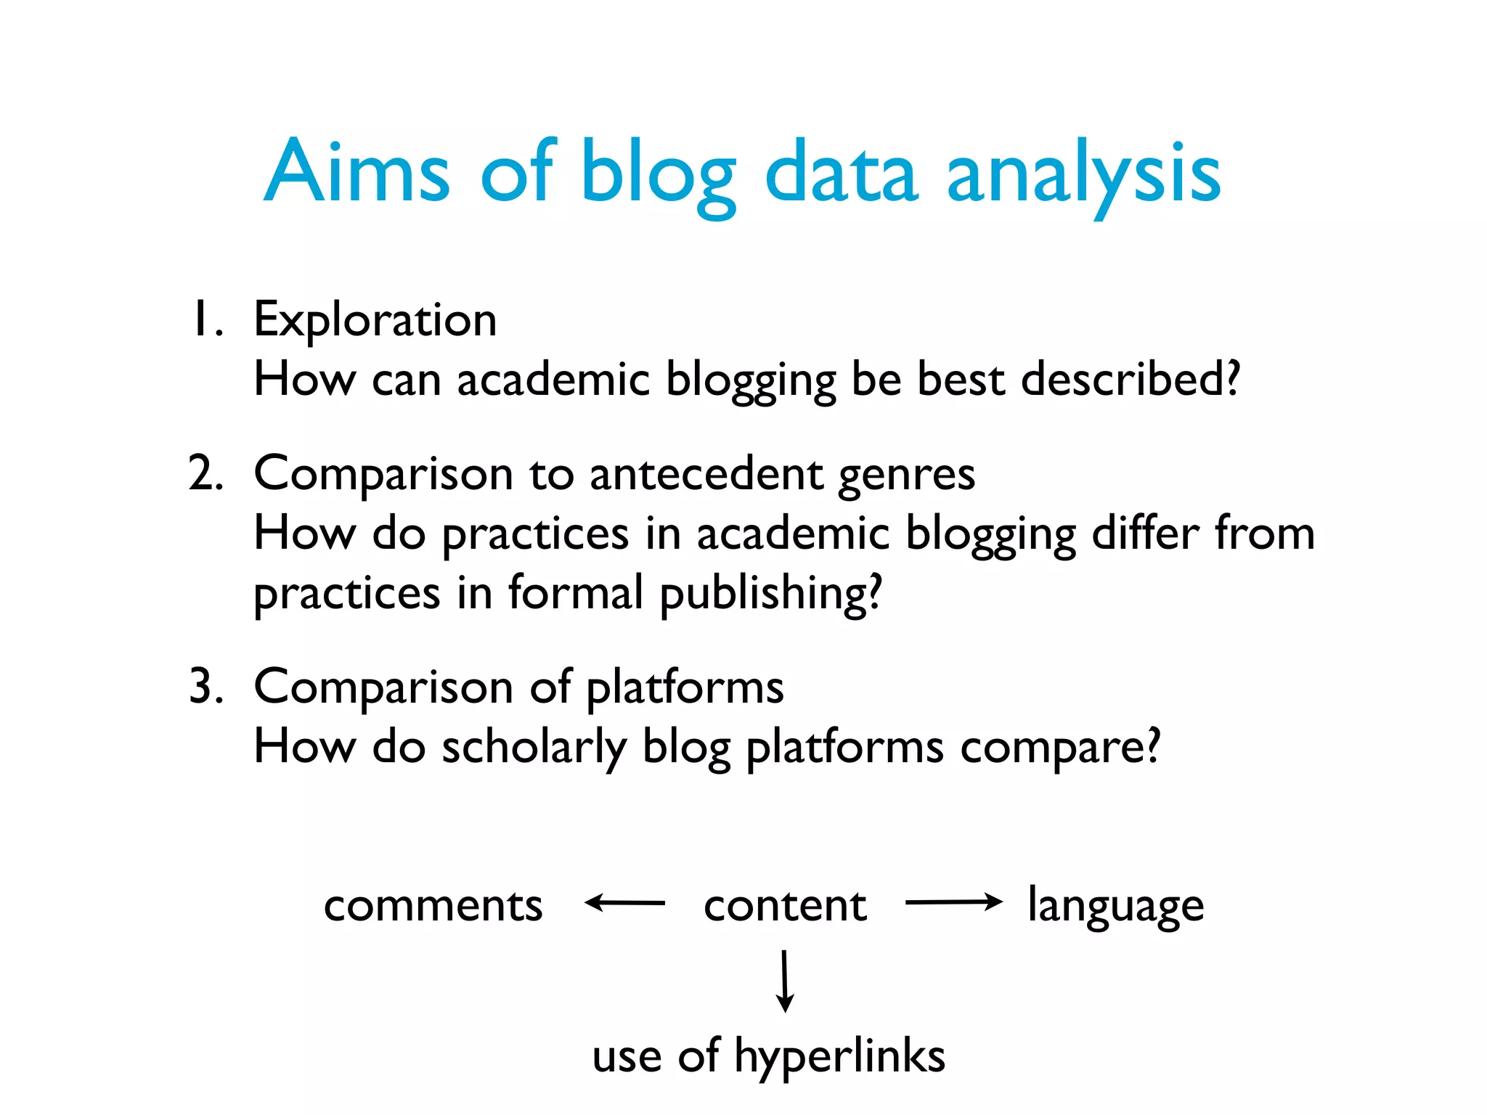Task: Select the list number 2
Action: point(205,473)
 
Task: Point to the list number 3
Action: point(205,686)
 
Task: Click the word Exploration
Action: point(375,319)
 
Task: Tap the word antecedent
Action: point(706,474)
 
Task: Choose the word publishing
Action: point(770,593)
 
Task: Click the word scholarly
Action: point(534,747)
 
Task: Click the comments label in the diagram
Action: point(433,905)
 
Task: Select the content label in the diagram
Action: point(785,905)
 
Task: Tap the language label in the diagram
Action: point(1116,907)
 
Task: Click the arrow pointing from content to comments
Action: point(624,903)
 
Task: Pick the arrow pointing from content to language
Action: point(953,902)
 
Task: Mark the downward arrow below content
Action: point(785,980)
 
